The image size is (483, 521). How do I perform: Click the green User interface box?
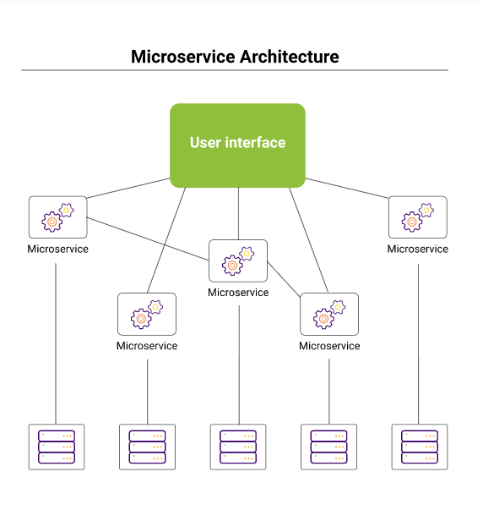(x=237, y=145)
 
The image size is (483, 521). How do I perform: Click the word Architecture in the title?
(x=290, y=57)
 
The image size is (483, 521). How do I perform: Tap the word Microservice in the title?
(x=183, y=57)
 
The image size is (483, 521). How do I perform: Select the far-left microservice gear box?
(x=58, y=217)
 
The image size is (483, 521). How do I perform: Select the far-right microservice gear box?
(x=418, y=217)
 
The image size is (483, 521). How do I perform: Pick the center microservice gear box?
(x=238, y=260)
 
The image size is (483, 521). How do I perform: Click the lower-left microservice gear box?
(x=147, y=314)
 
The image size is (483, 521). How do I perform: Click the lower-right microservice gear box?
(x=329, y=314)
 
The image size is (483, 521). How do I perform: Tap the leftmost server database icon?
(x=57, y=447)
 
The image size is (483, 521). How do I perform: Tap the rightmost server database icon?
(x=420, y=447)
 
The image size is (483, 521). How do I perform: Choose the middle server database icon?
(x=238, y=447)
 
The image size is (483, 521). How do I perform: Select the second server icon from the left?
(x=147, y=447)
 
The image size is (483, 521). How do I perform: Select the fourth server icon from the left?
(x=328, y=447)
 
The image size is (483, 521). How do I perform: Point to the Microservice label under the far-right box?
(x=418, y=250)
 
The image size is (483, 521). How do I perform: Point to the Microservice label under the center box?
(x=238, y=293)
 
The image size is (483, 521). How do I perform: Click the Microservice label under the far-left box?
(x=57, y=250)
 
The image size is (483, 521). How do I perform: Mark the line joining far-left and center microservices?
(x=148, y=239)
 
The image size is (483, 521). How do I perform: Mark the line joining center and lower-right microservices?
(x=284, y=279)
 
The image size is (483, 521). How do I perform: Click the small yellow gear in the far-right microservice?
(x=426, y=211)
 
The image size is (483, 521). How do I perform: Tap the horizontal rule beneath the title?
(x=235, y=70)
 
